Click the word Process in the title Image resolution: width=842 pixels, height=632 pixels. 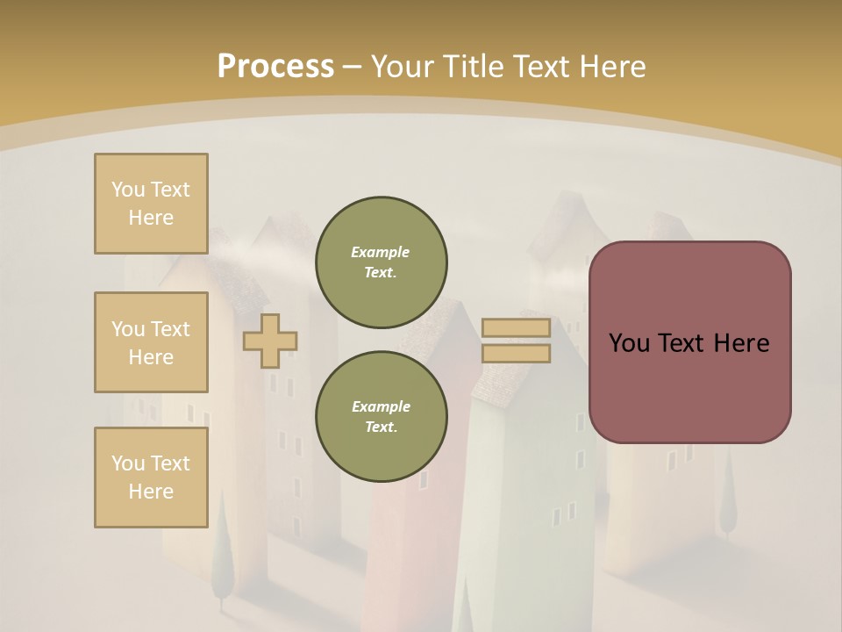tap(275, 66)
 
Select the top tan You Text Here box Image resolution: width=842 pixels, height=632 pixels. tap(151, 204)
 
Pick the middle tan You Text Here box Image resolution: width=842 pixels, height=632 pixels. tap(151, 342)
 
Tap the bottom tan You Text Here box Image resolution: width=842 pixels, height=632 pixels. tap(151, 478)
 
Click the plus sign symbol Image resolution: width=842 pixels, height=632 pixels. tap(270, 341)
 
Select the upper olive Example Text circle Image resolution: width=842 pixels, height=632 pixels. tap(381, 262)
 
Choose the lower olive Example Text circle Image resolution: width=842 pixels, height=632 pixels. tap(381, 416)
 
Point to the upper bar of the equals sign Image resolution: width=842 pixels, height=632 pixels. tap(516, 328)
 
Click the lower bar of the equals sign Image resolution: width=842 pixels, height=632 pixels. tap(516, 353)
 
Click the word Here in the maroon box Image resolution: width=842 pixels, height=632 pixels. tap(741, 343)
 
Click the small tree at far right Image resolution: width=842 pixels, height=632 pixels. tap(727, 500)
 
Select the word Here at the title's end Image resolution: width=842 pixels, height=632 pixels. tap(614, 66)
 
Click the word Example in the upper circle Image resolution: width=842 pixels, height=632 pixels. tap(381, 252)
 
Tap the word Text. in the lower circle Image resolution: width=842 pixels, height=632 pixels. tap(381, 427)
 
